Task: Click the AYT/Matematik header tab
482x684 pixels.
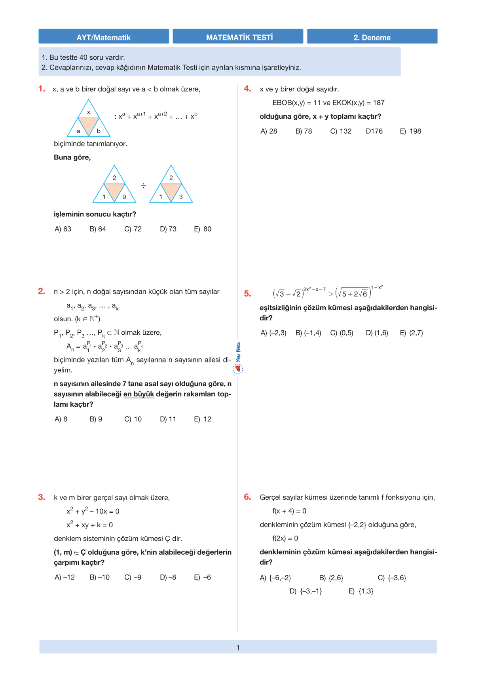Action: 104,37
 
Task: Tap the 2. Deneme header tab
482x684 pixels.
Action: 372,37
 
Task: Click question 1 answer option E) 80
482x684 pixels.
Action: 203,229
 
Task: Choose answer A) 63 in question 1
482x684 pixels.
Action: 63,229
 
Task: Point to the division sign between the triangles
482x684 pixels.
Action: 143,186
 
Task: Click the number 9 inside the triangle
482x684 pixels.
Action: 124,197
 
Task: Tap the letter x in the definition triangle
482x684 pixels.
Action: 89,112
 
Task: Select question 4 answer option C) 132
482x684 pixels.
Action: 341,131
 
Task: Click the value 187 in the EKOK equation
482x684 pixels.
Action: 379,103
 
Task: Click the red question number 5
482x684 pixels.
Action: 247,294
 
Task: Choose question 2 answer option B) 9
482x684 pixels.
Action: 96,419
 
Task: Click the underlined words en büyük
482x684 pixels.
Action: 139,394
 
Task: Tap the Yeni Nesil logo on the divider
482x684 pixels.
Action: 238,358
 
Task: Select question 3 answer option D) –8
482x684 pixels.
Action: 168,578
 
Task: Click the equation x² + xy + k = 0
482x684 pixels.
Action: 90,525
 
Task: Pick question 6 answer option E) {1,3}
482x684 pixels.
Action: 361,591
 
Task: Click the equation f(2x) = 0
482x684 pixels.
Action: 285,538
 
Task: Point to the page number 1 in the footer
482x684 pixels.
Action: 238,648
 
